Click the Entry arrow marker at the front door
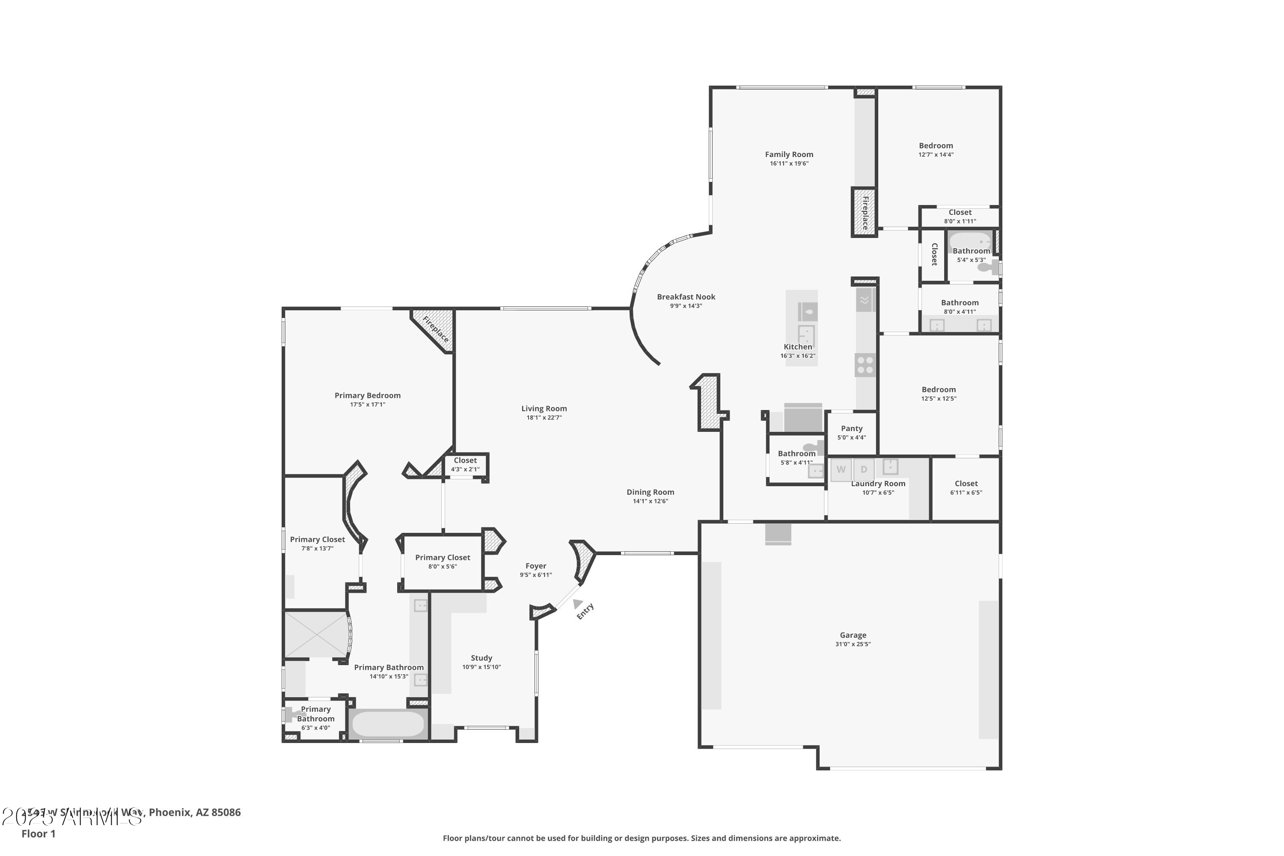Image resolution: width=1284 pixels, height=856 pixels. (577, 603)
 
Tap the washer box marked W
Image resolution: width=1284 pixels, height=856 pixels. (841, 470)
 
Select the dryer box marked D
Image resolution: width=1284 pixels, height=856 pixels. (864, 470)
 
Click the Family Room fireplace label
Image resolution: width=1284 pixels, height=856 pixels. (865, 213)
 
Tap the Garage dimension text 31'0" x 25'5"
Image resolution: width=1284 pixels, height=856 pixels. (853, 644)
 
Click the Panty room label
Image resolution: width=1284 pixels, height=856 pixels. (852, 428)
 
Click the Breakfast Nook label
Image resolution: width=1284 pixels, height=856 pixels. (686, 297)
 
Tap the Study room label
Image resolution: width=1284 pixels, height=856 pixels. (481, 658)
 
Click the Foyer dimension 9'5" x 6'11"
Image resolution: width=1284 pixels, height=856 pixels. (535, 575)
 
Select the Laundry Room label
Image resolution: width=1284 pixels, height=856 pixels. (878, 484)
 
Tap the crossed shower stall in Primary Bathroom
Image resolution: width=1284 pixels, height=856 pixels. (315, 634)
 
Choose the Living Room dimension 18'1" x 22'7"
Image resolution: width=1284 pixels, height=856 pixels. (544, 418)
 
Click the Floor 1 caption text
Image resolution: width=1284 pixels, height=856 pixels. (38, 834)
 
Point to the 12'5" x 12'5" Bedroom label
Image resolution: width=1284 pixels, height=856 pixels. (939, 390)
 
